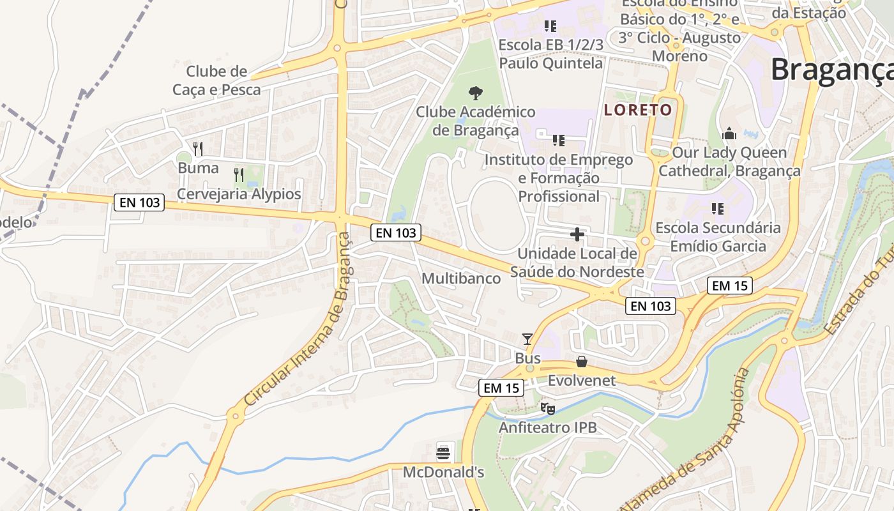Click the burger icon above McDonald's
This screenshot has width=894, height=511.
pos(444,454)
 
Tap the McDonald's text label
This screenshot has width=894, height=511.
pos(443,473)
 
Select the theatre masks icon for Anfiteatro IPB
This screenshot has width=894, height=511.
pos(547,408)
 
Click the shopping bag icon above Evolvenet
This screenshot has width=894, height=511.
pos(582,362)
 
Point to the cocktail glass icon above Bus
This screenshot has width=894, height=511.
pos(527,339)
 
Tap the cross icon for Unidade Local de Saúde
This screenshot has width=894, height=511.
pos(577,234)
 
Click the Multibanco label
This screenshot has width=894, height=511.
pos(461,278)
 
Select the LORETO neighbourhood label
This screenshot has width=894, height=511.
pos(638,110)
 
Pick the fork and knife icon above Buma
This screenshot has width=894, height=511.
pos(198,149)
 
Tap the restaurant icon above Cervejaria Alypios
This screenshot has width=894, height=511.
pos(239,174)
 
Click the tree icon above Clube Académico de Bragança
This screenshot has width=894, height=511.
pos(475,93)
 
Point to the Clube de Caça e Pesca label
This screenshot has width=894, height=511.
pos(216,80)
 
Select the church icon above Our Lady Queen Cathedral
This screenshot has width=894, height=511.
pos(729,134)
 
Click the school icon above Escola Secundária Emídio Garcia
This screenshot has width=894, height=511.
pos(718,209)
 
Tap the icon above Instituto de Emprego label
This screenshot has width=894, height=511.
pos(559,141)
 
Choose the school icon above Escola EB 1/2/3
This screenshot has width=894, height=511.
pos(550,26)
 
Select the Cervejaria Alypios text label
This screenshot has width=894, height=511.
pos(239,194)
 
